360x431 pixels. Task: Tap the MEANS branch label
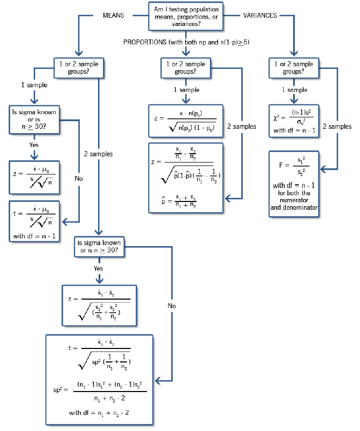pyautogui.click(x=114, y=16)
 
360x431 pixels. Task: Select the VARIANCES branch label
pyautogui.click(x=260, y=16)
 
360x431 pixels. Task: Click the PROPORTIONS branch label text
pyautogui.click(x=186, y=42)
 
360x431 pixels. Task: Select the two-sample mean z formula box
pyautogui.click(x=99, y=306)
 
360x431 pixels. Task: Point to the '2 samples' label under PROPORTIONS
pyautogui.click(x=242, y=127)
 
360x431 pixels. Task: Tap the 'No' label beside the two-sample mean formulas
pyautogui.click(x=172, y=306)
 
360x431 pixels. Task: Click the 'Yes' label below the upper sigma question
pyautogui.click(x=33, y=145)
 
